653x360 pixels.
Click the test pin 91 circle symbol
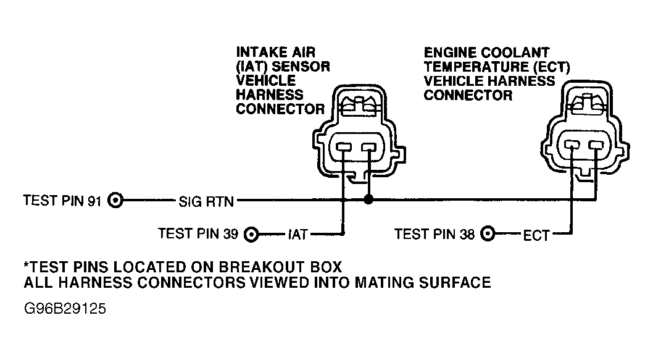point(115,201)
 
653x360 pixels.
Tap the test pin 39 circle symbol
point(251,235)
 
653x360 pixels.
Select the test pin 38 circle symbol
point(488,234)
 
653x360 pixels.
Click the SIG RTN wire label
point(206,202)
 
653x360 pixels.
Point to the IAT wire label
point(297,235)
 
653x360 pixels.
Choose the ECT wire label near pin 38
point(536,235)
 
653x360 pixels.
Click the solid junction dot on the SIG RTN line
point(368,199)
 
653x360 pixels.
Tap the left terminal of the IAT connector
point(344,147)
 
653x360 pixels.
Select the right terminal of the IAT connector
point(368,147)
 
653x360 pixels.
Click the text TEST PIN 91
point(62,201)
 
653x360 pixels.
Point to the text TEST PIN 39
point(198,234)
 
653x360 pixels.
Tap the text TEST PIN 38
point(435,234)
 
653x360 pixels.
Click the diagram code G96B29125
point(65,309)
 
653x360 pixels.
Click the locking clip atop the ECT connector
point(588,103)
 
